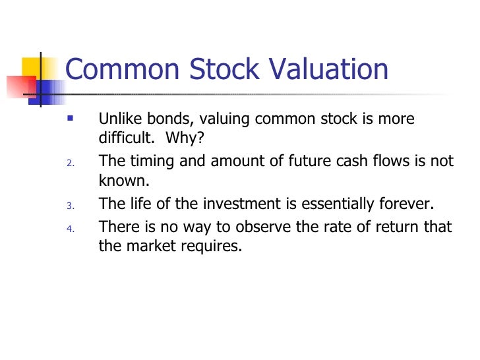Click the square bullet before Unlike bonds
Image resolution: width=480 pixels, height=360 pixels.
(71, 119)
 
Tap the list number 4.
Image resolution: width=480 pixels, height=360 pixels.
(71, 229)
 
